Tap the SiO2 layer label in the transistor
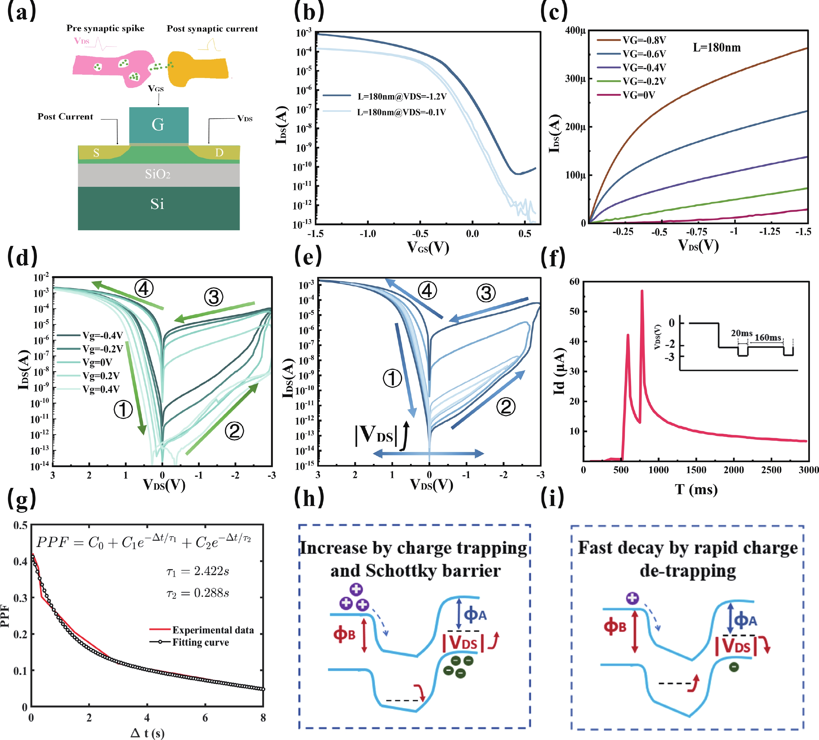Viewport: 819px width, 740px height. tap(158, 174)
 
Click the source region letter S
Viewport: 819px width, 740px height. tap(96, 153)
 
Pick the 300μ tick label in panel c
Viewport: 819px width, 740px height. tap(575, 79)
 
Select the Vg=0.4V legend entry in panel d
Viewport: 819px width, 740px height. tap(101, 389)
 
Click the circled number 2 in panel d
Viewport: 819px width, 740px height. tap(235, 431)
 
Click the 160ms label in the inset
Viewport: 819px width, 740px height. tap(768, 337)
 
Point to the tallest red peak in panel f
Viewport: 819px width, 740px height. tap(642, 291)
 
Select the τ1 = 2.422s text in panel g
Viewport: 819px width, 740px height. tap(198, 571)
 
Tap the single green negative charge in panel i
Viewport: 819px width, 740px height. tap(734, 667)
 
